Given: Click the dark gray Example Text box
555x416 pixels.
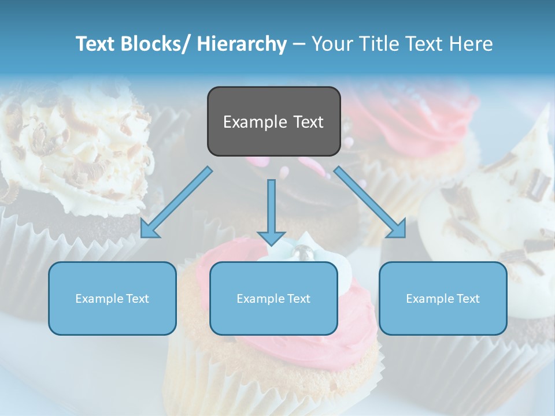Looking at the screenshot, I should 273,121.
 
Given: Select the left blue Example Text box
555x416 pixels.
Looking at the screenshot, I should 112,298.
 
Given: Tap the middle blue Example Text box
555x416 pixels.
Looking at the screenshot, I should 273,298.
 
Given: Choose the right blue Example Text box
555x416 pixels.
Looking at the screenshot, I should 443,298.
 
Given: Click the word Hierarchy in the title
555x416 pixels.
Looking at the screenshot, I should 242,44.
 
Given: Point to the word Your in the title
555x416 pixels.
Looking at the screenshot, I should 330,44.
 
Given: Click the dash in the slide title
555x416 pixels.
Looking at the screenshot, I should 299,44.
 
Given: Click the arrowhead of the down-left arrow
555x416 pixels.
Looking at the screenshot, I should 149,230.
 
